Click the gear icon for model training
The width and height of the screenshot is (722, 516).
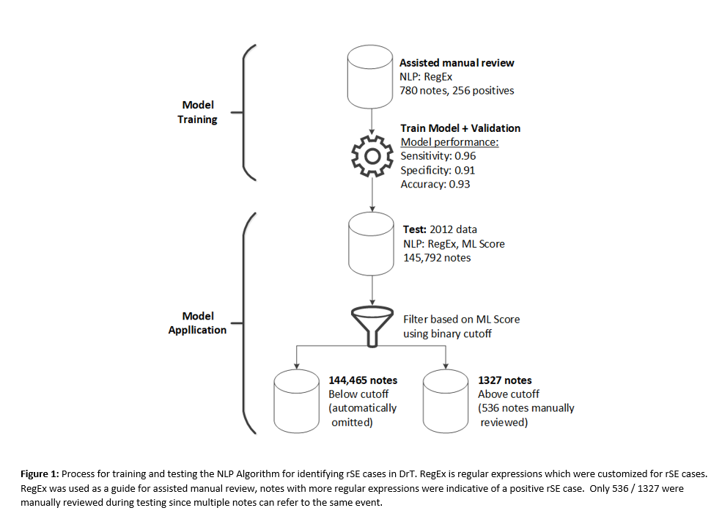(373, 156)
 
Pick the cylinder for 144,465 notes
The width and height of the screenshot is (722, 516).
(296, 402)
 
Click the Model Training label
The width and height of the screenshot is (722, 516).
(198, 112)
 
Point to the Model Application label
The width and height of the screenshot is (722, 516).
(198, 322)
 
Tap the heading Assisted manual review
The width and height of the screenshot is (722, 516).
(457, 63)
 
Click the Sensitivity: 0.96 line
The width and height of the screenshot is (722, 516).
(438, 156)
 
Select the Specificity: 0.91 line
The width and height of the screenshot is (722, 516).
(438, 170)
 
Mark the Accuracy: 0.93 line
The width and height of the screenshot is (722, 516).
(435, 184)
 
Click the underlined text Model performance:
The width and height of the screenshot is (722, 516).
(449, 142)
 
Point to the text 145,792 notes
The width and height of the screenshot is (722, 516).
(437, 257)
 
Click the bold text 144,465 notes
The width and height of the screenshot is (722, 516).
(363, 380)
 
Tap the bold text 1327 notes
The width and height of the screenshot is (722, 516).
(504, 380)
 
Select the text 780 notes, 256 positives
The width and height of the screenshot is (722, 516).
(457, 91)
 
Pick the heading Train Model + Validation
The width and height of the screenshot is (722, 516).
(460, 128)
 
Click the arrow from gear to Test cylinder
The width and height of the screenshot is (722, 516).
(373, 194)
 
